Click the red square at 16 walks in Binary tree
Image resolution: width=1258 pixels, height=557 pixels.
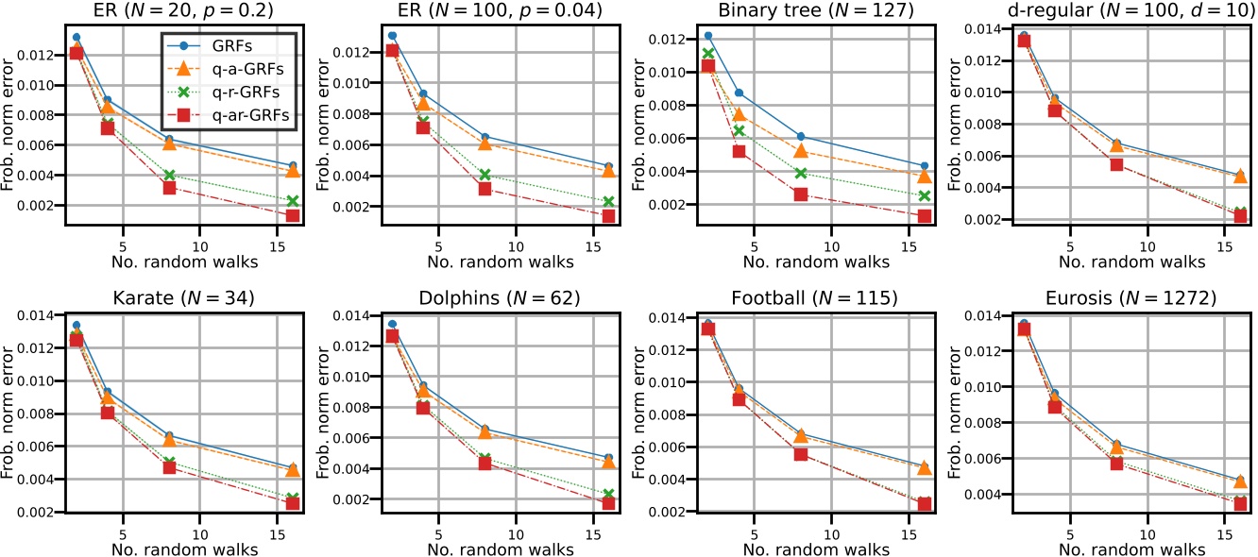pos(924,216)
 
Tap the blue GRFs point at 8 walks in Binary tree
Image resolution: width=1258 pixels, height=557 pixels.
pos(801,137)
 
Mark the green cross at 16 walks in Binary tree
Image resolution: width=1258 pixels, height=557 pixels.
pos(924,195)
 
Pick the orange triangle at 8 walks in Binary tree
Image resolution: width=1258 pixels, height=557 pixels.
pos(801,151)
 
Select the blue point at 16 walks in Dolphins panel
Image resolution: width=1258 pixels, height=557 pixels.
pos(608,458)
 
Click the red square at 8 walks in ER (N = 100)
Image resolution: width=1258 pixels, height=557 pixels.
pos(484,189)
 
